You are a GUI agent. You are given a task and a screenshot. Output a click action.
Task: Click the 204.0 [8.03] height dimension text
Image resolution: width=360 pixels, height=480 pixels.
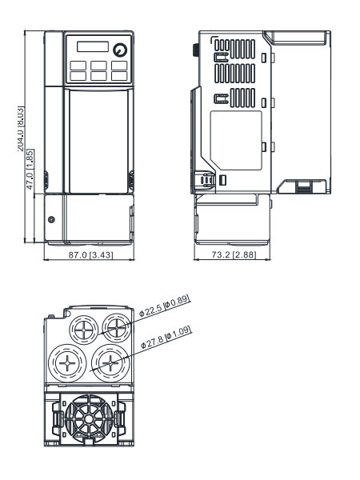pyautogui.click(x=21, y=129)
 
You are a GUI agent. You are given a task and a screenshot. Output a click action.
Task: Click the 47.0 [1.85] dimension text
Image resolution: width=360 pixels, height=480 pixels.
pyautogui.click(x=30, y=170)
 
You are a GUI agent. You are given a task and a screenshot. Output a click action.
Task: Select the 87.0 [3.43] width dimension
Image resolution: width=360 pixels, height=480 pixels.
pyautogui.click(x=90, y=254)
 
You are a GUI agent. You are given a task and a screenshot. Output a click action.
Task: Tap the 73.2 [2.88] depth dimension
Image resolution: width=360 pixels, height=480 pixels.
pyautogui.click(x=234, y=254)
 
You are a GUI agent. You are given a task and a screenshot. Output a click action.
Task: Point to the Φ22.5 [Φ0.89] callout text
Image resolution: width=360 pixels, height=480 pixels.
pyautogui.click(x=165, y=306)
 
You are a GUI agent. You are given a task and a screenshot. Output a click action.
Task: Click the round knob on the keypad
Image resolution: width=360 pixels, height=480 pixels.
pyautogui.click(x=120, y=50)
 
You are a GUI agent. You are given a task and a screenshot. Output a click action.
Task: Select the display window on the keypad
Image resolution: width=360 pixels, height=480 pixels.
pyautogui.click(x=93, y=46)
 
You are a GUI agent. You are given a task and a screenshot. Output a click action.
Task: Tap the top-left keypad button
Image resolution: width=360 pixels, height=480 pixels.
pyautogui.click(x=78, y=66)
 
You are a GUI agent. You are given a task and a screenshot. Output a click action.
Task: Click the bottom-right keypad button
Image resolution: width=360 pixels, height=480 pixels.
pyautogui.click(x=119, y=76)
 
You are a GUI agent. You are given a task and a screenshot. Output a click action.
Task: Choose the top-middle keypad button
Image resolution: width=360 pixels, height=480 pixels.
pyautogui.click(x=98, y=66)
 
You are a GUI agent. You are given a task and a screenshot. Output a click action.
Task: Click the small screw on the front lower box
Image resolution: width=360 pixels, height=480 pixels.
pyautogui.click(x=51, y=219)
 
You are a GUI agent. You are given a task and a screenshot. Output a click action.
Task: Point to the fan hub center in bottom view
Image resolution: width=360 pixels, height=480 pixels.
pyautogui.click(x=89, y=418)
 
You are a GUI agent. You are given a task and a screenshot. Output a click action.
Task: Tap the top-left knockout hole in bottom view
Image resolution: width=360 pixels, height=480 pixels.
pyautogui.click(x=84, y=330)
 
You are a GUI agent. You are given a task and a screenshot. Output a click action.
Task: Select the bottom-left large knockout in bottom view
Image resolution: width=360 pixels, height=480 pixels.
pyautogui.click(x=67, y=363)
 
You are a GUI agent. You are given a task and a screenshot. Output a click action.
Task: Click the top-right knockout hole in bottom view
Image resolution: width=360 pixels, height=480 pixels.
pyautogui.click(x=117, y=327)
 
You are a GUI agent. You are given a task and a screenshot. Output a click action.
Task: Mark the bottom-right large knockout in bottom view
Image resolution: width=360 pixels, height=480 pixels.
pyautogui.click(x=110, y=363)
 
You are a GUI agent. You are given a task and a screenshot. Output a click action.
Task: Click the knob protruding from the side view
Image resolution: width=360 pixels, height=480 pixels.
pyautogui.click(x=195, y=50)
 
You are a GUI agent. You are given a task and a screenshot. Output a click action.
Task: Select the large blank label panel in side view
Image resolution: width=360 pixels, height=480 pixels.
pyautogui.click(x=236, y=141)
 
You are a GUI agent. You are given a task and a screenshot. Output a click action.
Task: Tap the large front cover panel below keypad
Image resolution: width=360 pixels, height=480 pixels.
pyautogui.click(x=98, y=142)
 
